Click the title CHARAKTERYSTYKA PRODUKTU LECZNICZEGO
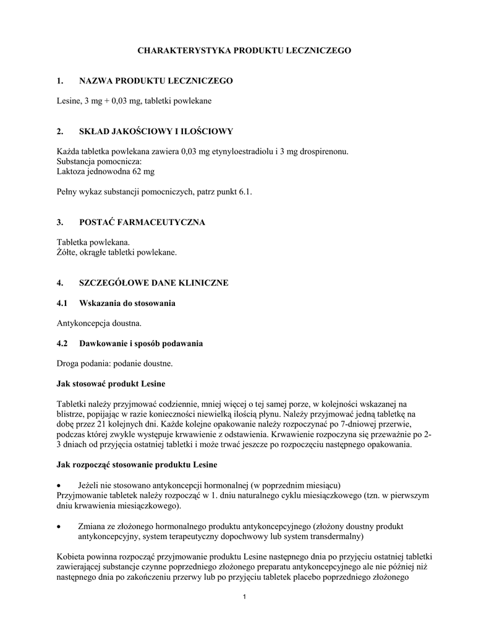pos(244,49)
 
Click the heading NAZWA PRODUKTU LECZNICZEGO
pos(156,81)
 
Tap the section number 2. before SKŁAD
pos(60,131)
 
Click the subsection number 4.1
pos(62,304)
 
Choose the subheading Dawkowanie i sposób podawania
pos(141,343)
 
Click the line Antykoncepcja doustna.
pos(99,323)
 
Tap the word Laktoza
pos(70,171)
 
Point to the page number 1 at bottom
pos(245,597)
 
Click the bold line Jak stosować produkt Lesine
pos(111,384)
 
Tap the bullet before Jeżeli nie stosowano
pos(59,484)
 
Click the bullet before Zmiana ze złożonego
pos(59,525)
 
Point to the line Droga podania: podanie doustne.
pos(115,363)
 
